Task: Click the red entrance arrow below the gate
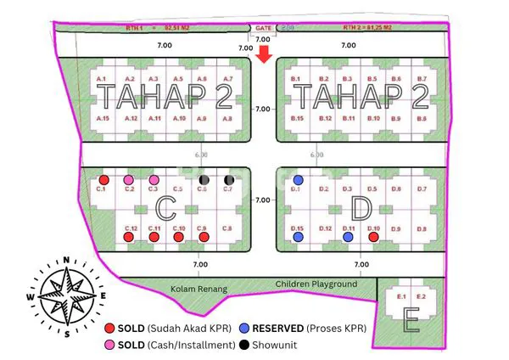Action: pos(263,55)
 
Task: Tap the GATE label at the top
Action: pos(263,28)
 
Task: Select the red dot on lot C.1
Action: pos(103,180)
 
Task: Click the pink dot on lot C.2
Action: pos(129,180)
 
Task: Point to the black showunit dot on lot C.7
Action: pos(228,180)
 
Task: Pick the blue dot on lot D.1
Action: pos(298,180)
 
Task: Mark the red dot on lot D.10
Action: pos(373,237)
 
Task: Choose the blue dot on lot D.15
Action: pos(298,237)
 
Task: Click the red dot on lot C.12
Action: pos(129,237)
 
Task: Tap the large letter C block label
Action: pos(166,207)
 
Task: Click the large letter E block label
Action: pos(411,322)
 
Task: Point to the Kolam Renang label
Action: pos(199,290)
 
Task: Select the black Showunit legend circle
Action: pos(244,346)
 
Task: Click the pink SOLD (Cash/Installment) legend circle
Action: pos(109,346)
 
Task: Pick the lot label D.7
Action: pos(422,188)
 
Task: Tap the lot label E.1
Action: pos(402,296)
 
